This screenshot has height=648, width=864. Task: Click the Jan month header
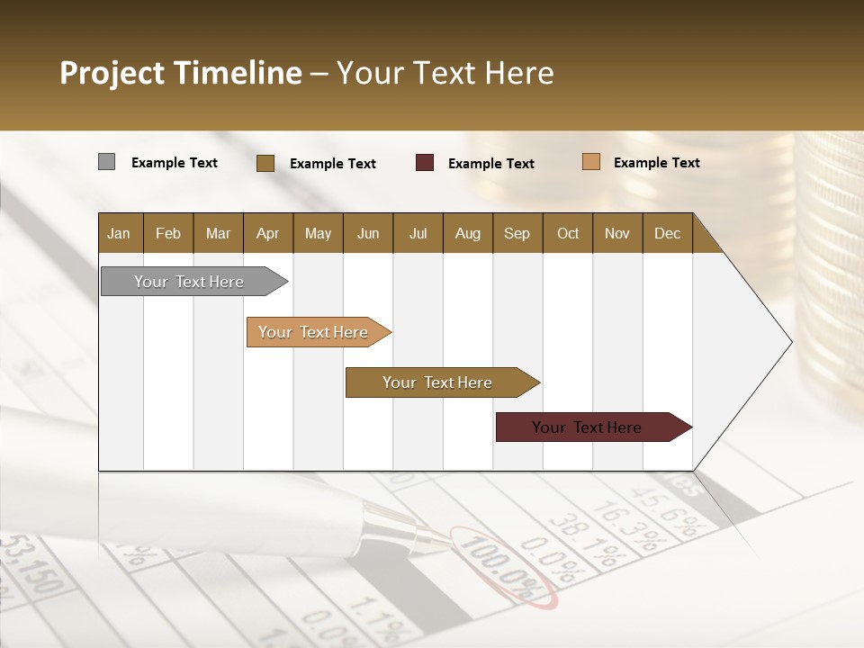[120, 233]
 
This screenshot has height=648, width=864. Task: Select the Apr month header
[268, 233]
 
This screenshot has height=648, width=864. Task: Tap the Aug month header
[467, 233]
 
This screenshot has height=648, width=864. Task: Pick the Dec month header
[667, 233]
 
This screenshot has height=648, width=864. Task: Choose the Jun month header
[368, 233]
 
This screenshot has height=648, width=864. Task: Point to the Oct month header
[568, 233]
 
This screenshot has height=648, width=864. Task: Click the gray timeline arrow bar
[190, 282]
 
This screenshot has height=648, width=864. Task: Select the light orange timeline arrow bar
[314, 332]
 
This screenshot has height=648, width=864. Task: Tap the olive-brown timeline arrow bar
[437, 382]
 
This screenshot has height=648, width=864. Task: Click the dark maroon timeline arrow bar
[588, 427]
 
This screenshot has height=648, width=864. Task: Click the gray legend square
[106, 162]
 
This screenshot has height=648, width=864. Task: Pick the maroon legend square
[425, 163]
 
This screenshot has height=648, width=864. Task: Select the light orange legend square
[590, 162]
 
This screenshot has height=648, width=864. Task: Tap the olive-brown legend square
[265, 163]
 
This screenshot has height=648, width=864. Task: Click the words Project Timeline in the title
[181, 73]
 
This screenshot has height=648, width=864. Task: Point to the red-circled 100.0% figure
[505, 567]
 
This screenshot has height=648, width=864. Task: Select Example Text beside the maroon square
[490, 164]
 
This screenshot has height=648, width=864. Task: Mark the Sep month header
[517, 233]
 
